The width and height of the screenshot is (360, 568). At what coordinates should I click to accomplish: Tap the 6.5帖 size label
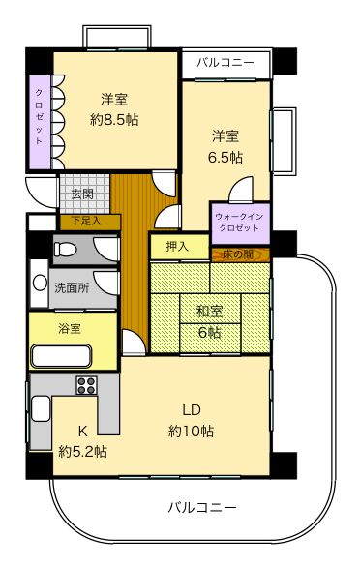225,156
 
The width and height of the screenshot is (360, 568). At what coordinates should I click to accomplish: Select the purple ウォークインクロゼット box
239,224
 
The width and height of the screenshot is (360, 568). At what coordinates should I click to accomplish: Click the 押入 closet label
176,248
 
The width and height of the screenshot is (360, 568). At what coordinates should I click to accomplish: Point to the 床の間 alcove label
237,254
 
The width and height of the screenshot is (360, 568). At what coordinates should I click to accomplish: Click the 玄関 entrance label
82,194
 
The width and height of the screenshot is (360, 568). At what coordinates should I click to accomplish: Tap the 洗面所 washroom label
71,287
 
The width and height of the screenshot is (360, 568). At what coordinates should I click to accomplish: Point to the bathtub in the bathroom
60,355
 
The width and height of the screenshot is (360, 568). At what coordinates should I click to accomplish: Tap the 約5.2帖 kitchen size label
82,450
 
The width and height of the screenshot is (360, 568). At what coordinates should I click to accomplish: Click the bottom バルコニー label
202,506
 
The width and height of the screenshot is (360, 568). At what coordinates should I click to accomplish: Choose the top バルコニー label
225,63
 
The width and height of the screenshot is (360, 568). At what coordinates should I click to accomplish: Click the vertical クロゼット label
39,116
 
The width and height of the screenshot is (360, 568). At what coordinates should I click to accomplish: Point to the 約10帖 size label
190,431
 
